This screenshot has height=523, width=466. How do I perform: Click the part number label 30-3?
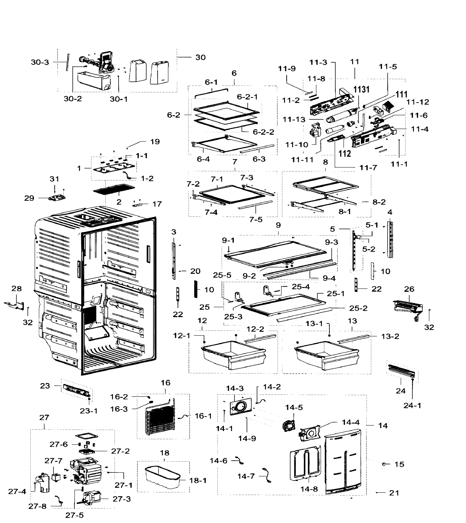40,62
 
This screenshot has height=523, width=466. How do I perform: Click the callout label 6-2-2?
263,132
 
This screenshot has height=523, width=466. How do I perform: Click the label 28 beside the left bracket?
17,289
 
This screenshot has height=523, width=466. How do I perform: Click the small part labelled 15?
384,464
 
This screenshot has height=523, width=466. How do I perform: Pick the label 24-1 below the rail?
412,405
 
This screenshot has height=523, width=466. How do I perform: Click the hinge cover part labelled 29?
57,198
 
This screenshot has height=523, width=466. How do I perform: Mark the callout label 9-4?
329,278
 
